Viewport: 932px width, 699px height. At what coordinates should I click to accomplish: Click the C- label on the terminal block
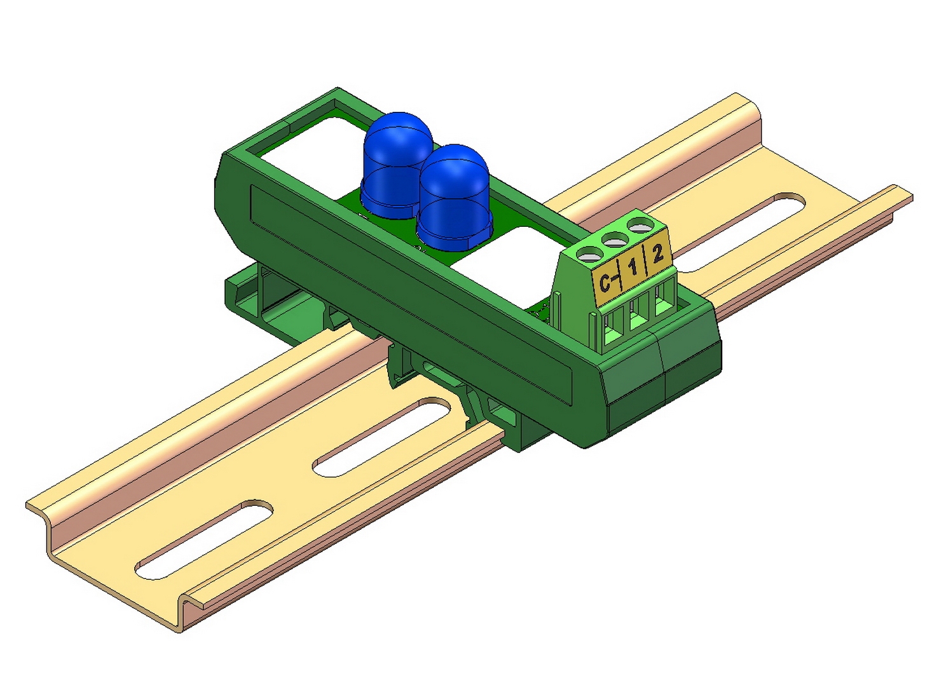coord(607,282)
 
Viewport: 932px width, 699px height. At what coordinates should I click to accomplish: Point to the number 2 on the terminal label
coord(658,255)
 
